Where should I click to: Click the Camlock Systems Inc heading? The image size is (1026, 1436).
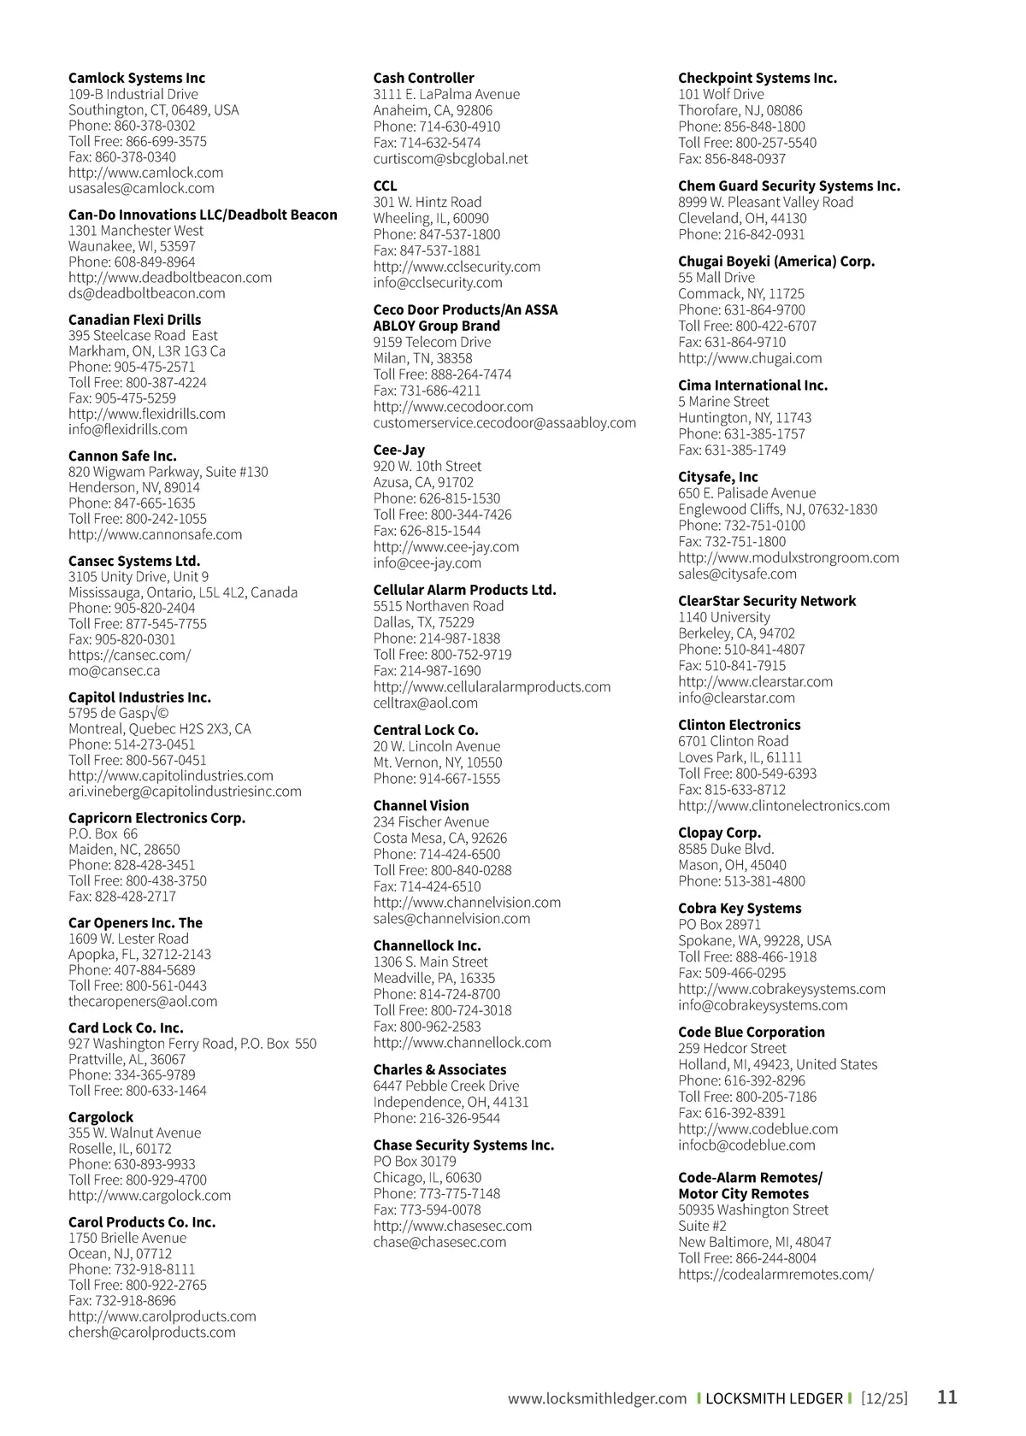click(137, 78)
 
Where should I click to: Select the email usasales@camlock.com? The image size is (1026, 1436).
click(141, 188)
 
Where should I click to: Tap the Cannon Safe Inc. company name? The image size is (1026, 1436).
click(122, 456)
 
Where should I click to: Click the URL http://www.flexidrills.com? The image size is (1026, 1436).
click(147, 414)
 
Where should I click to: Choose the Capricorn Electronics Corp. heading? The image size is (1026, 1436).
click(156, 818)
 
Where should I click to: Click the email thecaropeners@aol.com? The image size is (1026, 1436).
click(143, 1001)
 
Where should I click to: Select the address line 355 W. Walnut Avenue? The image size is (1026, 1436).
click(135, 1133)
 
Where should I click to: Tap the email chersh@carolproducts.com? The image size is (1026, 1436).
click(152, 1332)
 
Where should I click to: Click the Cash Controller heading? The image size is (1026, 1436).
click(423, 78)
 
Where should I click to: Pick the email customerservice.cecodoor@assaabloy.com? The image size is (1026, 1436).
click(504, 422)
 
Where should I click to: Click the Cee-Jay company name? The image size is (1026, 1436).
click(398, 450)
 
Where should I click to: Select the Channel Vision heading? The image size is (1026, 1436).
click(421, 805)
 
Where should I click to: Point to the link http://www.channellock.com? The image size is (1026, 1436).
click(462, 1042)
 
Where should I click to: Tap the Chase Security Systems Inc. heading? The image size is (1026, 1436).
click(463, 1145)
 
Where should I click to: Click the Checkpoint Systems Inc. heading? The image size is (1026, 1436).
click(758, 78)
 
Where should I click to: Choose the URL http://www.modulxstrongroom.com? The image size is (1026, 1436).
click(788, 557)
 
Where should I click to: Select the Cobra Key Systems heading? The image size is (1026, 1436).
click(740, 908)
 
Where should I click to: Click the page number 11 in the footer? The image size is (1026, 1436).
click(947, 1398)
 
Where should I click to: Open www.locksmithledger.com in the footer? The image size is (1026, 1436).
click(597, 1398)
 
